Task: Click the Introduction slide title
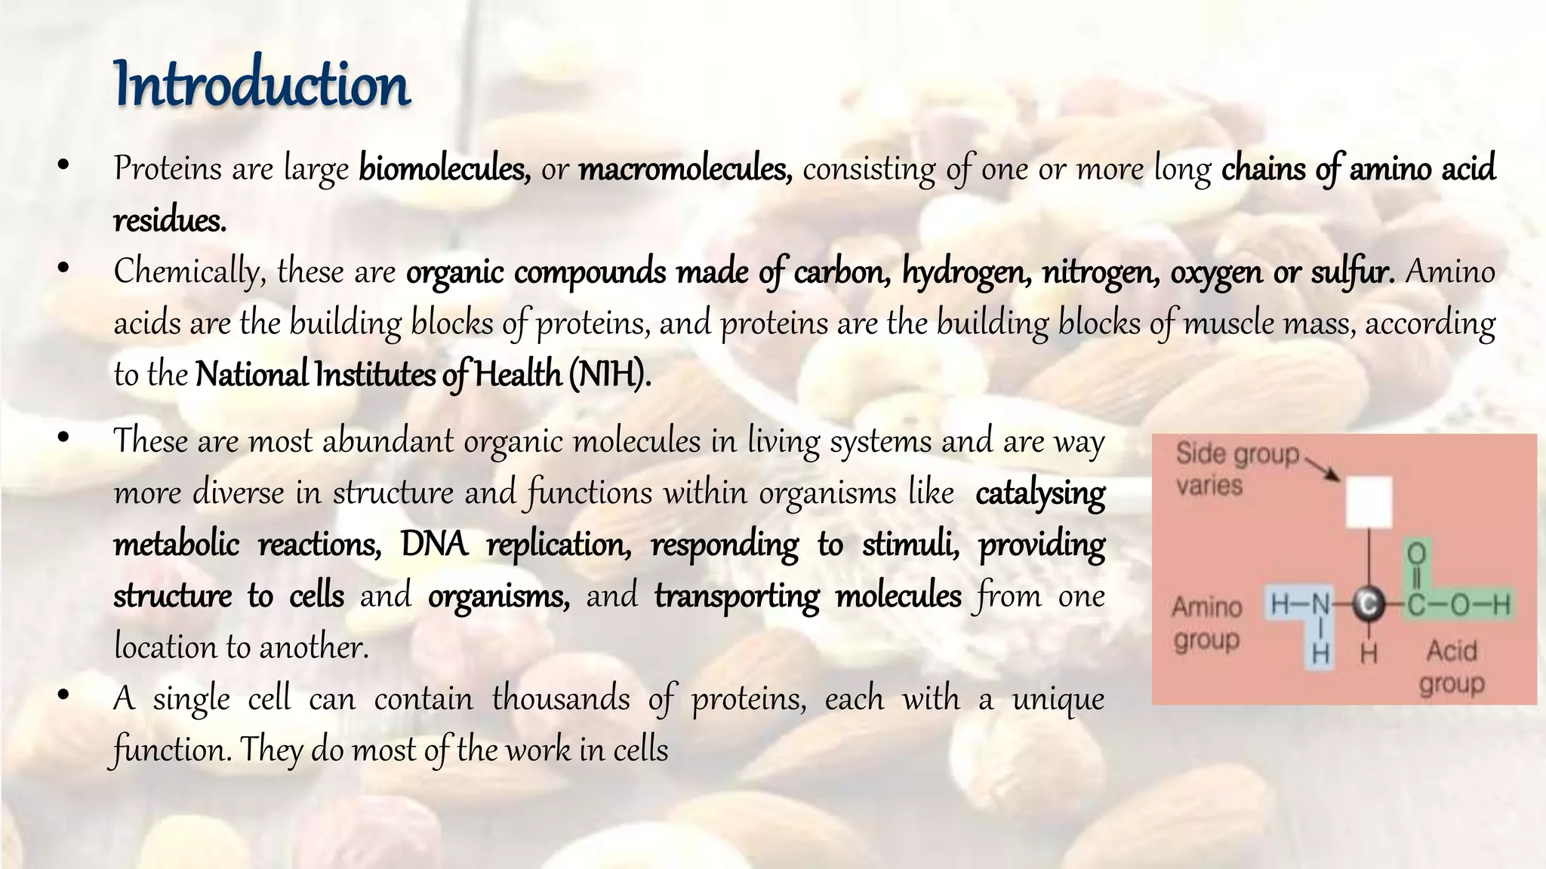click(x=262, y=84)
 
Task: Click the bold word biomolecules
click(x=444, y=168)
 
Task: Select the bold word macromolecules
click(x=685, y=168)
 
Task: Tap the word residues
click(x=170, y=220)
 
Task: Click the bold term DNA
click(x=434, y=545)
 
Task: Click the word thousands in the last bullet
click(x=561, y=699)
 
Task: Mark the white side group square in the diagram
click(x=1369, y=502)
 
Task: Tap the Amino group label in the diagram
click(x=1207, y=623)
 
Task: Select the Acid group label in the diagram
click(x=1452, y=667)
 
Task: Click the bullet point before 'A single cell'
click(x=63, y=695)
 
